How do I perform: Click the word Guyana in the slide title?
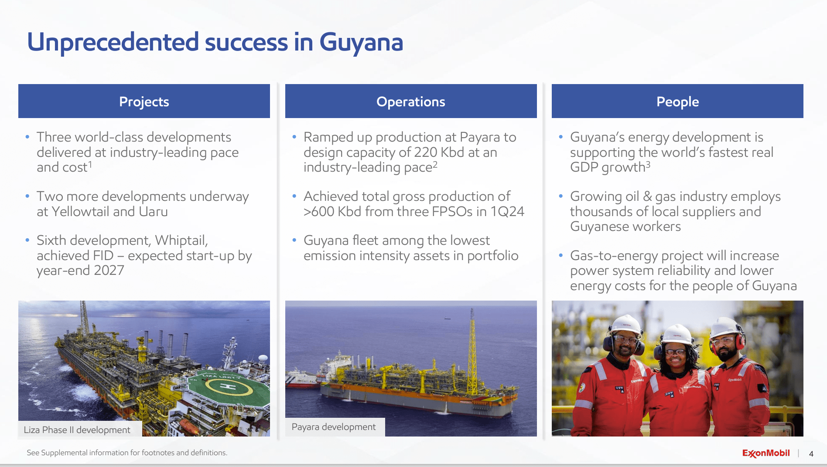pyautogui.click(x=361, y=43)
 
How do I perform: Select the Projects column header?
pyautogui.click(x=144, y=102)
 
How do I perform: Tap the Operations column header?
pyautogui.click(x=410, y=102)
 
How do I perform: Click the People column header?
pyautogui.click(x=677, y=102)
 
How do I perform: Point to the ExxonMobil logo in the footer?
pyautogui.click(x=765, y=453)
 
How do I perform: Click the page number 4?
pyautogui.click(x=811, y=453)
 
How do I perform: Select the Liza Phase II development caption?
pyautogui.click(x=77, y=430)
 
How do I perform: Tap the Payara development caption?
pyautogui.click(x=333, y=427)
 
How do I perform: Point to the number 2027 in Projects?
pyautogui.click(x=109, y=271)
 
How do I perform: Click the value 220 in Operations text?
pyautogui.click(x=425, y=152)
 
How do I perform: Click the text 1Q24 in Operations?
pyautogui.click(x=507, y=212)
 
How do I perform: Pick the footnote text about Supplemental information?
pyautogui.click(x=127, y=453)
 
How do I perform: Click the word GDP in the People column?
pyautogui.click(x=584, y=168)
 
